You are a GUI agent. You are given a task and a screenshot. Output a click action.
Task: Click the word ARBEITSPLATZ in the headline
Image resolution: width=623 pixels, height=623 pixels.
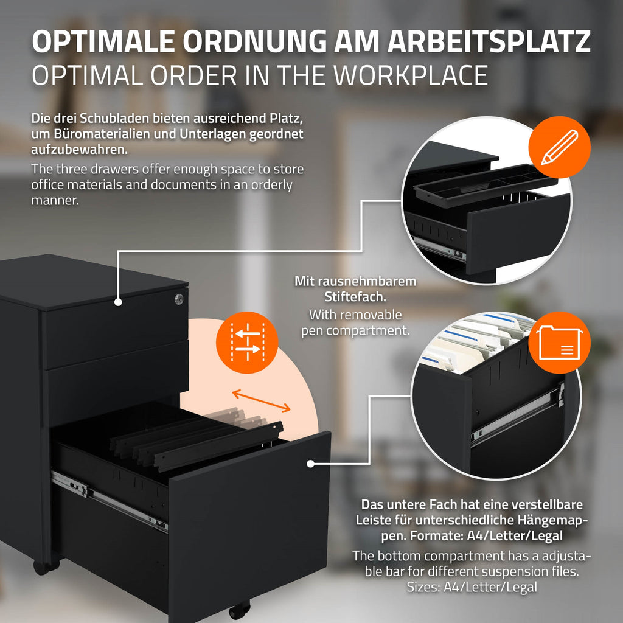(489, 41)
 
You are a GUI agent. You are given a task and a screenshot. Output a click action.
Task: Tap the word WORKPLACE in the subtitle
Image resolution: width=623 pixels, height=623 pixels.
(411, 75)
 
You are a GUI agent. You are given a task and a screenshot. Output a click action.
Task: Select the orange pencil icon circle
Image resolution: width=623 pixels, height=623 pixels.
(559, 147)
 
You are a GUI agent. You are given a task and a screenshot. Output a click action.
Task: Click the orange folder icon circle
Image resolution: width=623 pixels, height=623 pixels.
(559, 342)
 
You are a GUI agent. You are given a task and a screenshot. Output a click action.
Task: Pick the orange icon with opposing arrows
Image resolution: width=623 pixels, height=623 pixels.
(247, 342)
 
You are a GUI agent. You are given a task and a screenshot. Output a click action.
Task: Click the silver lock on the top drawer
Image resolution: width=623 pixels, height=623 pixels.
(179, 299)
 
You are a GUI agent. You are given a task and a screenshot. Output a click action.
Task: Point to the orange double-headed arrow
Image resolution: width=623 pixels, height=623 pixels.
(261, 401)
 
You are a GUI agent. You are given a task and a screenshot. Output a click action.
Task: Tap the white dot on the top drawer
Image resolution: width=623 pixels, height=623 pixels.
(118, 302)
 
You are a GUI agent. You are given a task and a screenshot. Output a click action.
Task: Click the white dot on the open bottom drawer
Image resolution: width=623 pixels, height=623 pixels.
(311, 464)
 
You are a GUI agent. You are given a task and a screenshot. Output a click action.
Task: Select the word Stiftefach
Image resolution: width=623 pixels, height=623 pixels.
(355, 297)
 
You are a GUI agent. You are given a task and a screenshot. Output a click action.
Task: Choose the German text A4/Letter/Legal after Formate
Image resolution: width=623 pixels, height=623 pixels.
(515, 535)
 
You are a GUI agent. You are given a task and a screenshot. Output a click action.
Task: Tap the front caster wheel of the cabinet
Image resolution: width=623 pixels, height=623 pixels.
(238, 611)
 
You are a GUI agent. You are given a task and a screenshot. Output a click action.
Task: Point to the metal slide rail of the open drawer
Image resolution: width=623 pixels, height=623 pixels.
(110, 501)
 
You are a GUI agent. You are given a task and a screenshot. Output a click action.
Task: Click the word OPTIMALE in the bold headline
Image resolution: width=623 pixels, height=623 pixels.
(103, 41)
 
